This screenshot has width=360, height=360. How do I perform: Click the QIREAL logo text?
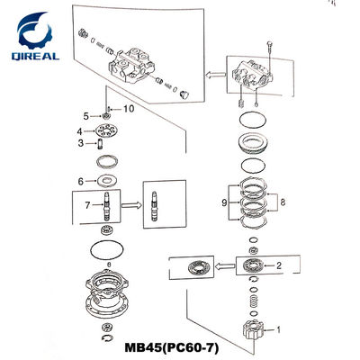35,56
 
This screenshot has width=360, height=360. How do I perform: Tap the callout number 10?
129,109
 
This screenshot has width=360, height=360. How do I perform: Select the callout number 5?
86,116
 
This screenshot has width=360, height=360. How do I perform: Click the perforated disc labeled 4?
106,130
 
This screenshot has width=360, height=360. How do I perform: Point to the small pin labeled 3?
101,144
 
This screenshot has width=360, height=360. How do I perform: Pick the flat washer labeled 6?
106,181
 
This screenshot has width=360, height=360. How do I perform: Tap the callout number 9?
224,203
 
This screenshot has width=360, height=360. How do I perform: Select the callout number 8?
283,202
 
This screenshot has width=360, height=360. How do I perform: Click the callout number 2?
279,265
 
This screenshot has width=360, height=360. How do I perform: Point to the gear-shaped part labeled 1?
253,330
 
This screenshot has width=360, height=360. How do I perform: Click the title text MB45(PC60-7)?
172,348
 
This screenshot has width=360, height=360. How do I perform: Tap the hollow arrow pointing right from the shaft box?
131,205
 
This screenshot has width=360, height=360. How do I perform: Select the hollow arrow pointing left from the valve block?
215,74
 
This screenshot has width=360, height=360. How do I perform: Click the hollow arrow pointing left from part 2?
224,265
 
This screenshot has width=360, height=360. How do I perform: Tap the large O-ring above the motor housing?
107,249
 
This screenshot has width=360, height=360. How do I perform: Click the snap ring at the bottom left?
106,337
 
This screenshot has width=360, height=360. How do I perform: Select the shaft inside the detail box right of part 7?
154,207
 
